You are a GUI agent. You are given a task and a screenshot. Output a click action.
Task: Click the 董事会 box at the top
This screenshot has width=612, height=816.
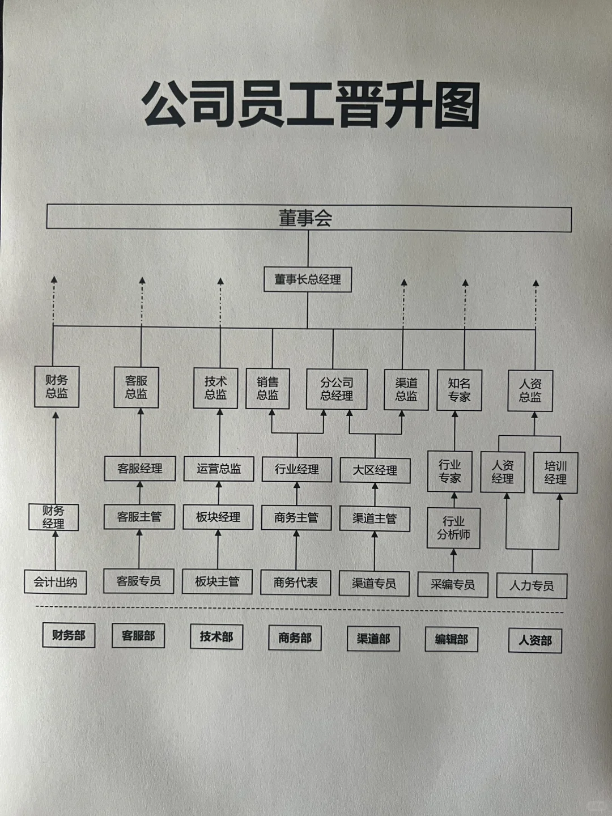308,218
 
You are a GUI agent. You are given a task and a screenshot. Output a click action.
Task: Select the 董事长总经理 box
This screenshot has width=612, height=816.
308,279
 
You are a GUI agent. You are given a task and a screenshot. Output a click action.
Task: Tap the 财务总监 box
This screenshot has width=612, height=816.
56,387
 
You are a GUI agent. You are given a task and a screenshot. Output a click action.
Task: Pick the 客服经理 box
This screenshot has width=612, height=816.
140,469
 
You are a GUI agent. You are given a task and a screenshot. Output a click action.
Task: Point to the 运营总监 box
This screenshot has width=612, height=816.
219,469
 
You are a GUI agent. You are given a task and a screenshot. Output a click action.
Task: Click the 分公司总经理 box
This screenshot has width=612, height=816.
337,389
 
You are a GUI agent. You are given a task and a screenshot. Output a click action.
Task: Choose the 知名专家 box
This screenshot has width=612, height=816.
459,390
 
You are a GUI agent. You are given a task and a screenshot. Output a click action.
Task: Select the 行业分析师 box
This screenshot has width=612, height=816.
453,528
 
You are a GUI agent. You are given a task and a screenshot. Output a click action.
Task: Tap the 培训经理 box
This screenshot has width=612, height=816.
555,473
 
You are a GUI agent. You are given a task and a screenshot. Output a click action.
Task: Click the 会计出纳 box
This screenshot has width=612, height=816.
56,582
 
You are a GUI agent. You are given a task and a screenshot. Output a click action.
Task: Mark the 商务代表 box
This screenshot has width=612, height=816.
295,583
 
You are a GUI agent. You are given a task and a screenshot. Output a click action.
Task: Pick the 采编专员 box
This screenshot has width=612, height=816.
452,585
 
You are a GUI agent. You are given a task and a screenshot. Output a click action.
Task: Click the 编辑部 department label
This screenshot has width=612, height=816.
452,640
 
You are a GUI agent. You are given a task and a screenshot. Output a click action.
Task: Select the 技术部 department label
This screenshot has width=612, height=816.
216,637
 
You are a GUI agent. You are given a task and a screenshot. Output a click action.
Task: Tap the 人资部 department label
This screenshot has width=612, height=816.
535,641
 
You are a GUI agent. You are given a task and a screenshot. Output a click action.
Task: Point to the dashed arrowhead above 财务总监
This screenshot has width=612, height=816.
54,280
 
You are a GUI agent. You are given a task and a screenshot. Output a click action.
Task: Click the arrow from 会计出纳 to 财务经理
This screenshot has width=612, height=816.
56,550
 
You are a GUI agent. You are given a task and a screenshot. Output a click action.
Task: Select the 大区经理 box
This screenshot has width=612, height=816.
375,470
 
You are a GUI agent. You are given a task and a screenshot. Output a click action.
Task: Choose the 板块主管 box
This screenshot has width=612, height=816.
217,581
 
